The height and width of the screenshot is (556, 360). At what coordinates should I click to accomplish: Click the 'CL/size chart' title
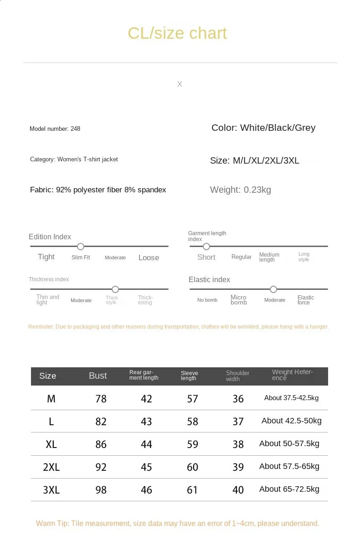[177, 33]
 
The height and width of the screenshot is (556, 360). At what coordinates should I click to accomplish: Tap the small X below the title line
[180, 84]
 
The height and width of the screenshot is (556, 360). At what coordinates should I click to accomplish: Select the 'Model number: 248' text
[55, 129]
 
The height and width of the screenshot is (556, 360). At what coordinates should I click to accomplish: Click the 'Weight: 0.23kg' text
[240, 190]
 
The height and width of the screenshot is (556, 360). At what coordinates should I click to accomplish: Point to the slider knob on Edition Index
[81, 247]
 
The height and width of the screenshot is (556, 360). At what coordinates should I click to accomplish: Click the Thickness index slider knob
[115, 289]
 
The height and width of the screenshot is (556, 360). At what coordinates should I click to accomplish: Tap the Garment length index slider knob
[206, 247]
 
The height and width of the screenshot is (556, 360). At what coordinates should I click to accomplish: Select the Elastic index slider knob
[273, 289]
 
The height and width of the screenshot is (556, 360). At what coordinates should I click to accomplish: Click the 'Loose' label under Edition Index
[149, 257]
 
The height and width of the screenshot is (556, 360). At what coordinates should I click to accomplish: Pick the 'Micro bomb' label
[238, 300]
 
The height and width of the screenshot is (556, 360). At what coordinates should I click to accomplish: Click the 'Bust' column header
[98, 376]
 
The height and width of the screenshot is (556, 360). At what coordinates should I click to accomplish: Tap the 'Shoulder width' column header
[237, 376]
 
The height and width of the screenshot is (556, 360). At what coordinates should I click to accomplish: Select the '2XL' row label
[51, 467]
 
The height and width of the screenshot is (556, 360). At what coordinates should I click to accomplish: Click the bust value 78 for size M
[101, 399]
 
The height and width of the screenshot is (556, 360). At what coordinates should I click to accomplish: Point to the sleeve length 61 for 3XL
[192, 490]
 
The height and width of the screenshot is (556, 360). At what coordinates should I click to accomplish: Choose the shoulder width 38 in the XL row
[238, 444]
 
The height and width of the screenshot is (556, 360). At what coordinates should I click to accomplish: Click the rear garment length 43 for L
[146, 422]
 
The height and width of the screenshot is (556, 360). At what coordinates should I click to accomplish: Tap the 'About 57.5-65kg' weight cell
[289, 466]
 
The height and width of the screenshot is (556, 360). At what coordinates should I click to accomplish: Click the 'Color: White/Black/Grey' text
[263, 128]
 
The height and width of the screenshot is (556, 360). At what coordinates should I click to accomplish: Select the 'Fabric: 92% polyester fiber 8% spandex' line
[98, 190]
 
